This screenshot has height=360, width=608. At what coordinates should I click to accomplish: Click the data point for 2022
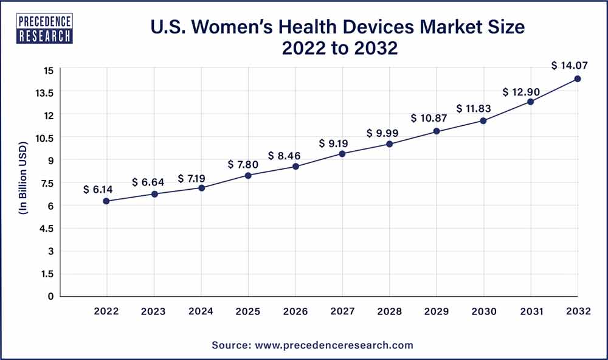coord(107,201)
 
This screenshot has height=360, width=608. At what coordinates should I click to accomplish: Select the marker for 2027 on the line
coord(342,154)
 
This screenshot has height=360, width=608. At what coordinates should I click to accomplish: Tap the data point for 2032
coord(578,78)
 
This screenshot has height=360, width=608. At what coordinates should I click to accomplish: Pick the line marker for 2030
coord(483,120)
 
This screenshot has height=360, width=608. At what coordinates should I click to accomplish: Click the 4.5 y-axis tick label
coord(47,229)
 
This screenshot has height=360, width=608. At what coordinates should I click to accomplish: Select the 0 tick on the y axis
coord(50,296)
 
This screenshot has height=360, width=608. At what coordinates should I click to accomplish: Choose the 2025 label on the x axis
coord(248,311)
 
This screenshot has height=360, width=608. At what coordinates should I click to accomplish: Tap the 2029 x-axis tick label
coord(437,311)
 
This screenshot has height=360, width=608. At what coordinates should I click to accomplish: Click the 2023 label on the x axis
coord(154,311)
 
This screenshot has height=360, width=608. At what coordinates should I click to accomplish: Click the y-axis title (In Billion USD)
coord(22,183)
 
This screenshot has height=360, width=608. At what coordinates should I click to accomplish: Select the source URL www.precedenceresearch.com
coord(333,345)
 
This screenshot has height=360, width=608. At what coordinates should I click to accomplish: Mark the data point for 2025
coord(248,175)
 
